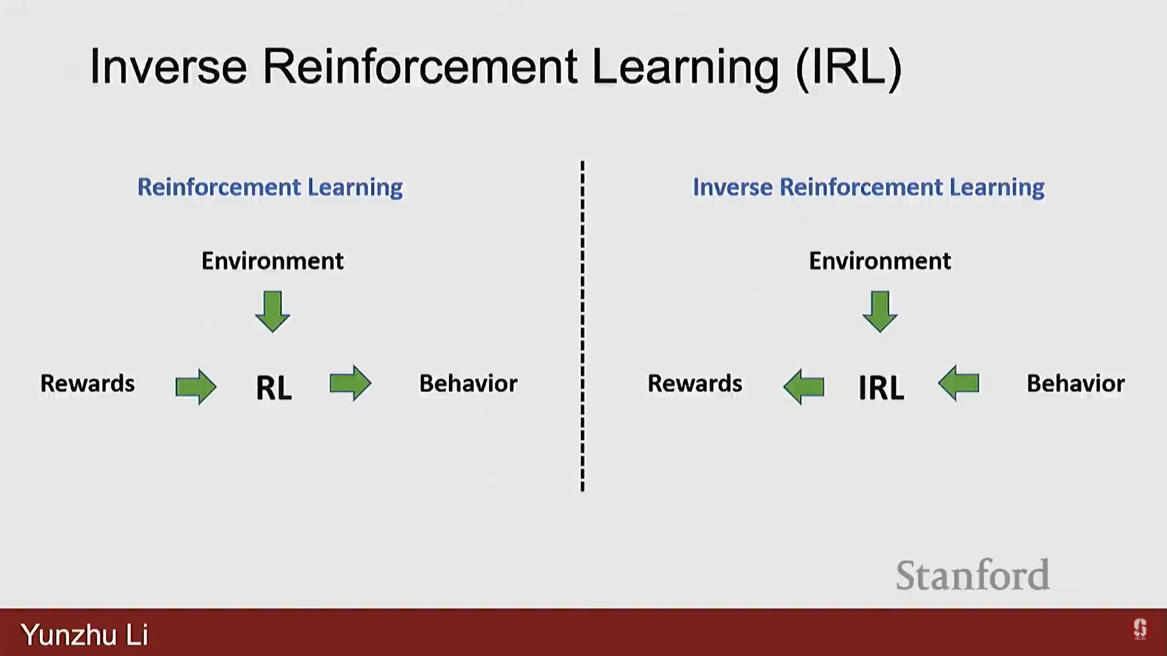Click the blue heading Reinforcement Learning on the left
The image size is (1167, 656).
[x=270, y=188]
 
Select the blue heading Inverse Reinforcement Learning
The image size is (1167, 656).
[x=869, y=188]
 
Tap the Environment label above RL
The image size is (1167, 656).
[x=272, y=261]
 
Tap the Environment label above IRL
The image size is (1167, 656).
[x=880, y=261]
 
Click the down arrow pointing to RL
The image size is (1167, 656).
[x=272, y=312]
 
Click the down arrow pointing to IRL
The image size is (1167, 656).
[x=880, y=312]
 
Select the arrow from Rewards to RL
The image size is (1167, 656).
[x=196, y=386]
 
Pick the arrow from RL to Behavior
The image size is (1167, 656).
[x=350, y=383]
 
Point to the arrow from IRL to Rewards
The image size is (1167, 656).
[x=804, y=386]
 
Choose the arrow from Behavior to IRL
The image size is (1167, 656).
[x=959, y=383]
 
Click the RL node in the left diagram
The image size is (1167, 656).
[x=274, y=388]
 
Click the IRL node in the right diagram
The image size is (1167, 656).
[x=881, y=388]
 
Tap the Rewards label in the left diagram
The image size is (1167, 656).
[x=88, y=384]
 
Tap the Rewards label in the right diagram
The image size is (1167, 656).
[x=695, y=384]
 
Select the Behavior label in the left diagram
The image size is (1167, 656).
[x=468, y=384]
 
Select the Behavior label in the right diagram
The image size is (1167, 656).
[x=1075, y=384]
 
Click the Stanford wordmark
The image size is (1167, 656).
[x=972, y=575]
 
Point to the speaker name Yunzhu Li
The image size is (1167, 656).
[x=84, y=635]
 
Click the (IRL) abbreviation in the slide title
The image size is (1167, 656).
[x=849, y=67]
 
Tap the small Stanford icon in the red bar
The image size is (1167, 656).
[x=1140, y=629]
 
